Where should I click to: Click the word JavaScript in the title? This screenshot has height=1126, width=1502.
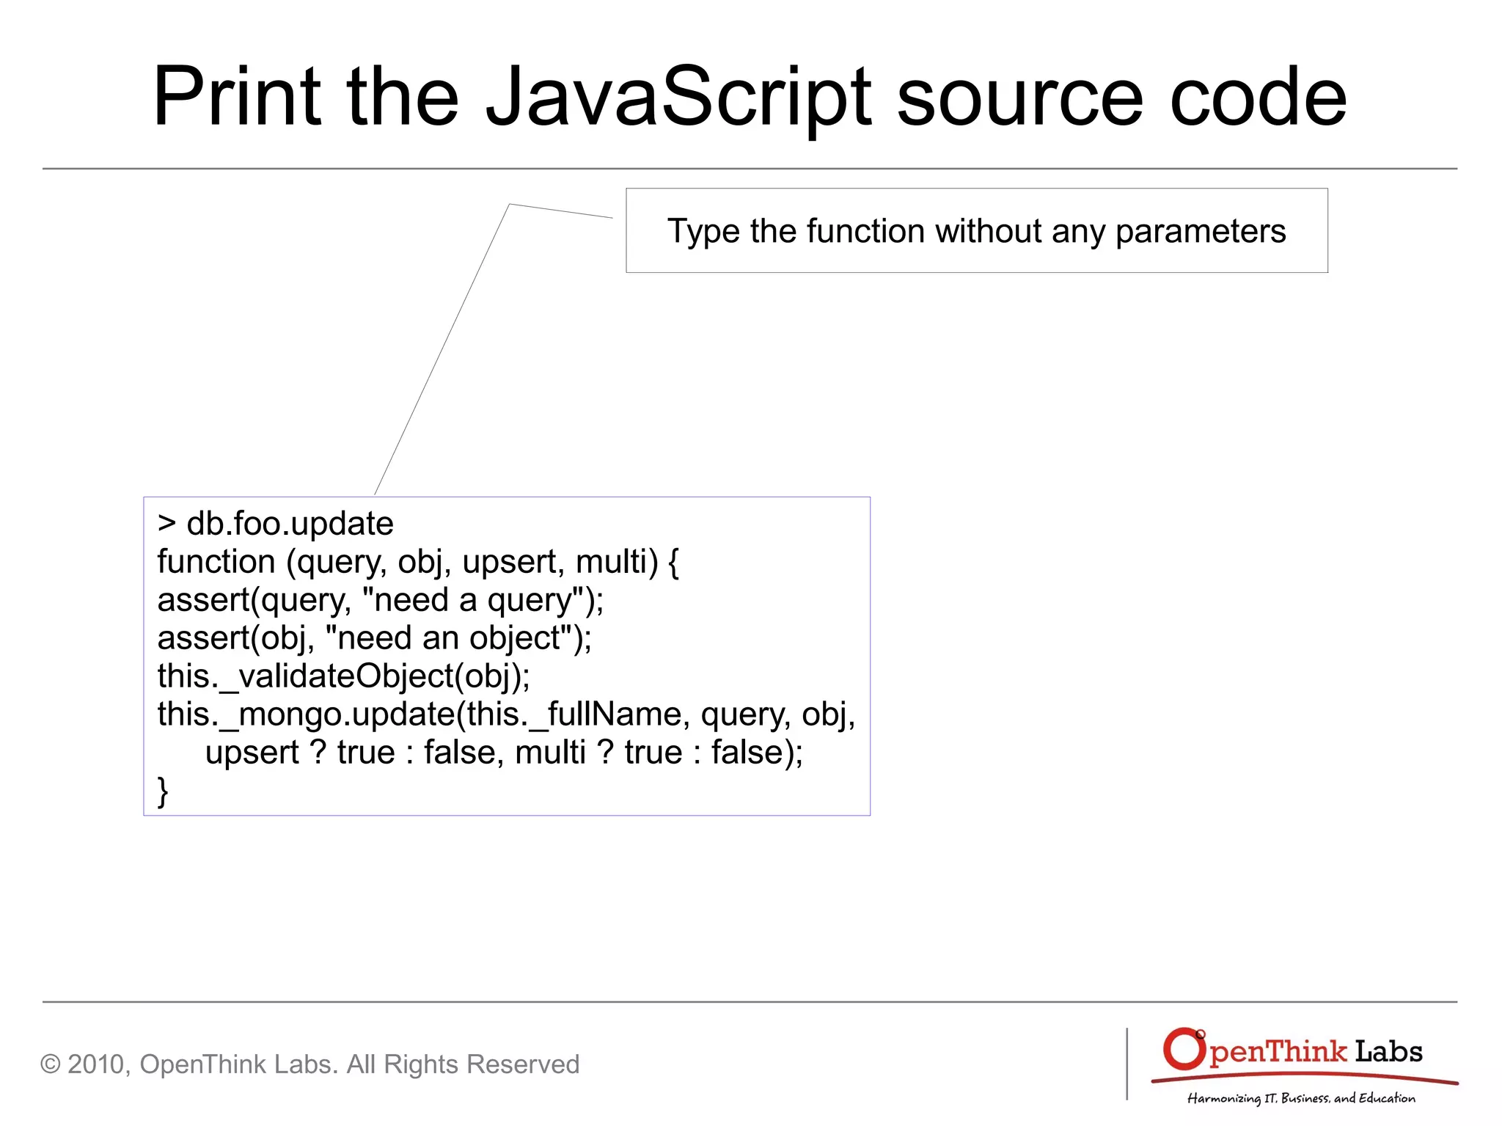click(x=678, y=97)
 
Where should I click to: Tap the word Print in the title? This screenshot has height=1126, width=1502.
click(x=237, y=97)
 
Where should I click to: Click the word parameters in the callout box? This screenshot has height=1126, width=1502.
click(x=1201, y=232)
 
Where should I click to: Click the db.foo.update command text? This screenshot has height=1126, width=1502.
click(x=290, y=524)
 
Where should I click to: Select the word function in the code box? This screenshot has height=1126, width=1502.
click(x=216, y=562)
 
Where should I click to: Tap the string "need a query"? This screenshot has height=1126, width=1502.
click(x=473, y=600)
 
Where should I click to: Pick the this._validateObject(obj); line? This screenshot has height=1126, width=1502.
click(x=343, y=676)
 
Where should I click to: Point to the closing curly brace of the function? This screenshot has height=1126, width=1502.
click(x=163, y=792)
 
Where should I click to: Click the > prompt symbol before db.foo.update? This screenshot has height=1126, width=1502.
click(x=166, y=524)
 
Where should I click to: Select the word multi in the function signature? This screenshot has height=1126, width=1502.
click(x=616, y=562)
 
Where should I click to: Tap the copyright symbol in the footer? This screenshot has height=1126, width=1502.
click(x=50, y=1064)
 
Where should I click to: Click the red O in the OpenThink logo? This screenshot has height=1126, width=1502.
click(x=1183, y=1049)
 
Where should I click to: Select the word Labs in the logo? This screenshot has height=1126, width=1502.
click(x=1388, y=1052)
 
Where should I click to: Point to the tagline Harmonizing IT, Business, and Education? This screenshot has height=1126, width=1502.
click(x=1301, y=1098)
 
